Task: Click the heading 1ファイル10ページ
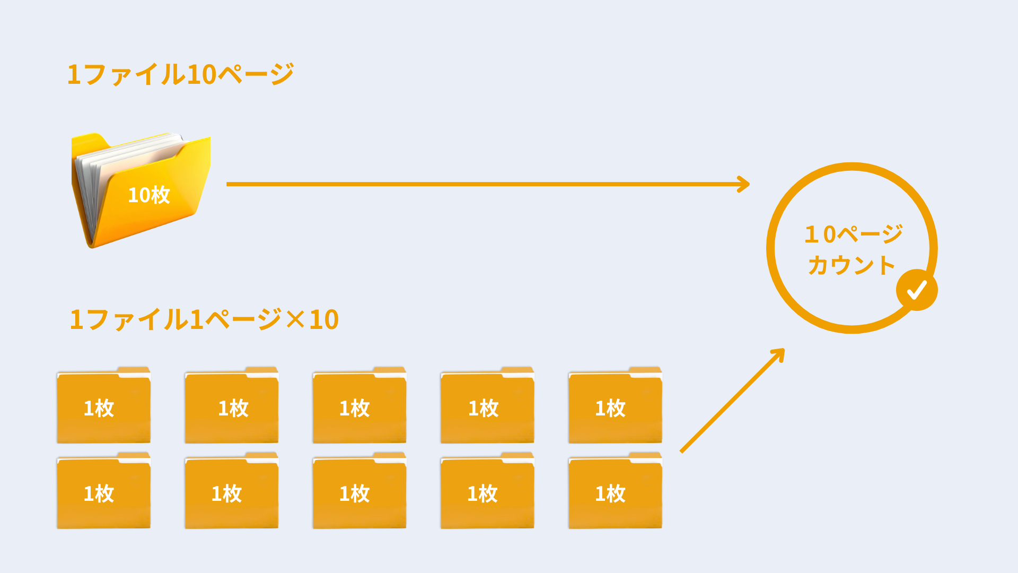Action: point(180,74)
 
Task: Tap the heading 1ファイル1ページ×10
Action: point(204,319)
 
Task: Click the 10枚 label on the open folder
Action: point(148,195)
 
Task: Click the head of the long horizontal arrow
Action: point(744,184)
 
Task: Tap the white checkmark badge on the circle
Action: point(917,290)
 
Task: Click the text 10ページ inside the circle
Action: point(853,234)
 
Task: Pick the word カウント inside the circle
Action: point(852,265)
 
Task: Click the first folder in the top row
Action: point(104,406)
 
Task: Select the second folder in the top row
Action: point(232,406)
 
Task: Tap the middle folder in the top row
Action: point(359,406)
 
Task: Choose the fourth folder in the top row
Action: point(487,406)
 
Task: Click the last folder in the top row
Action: point(615,406)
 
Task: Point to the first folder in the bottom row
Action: point(104,491)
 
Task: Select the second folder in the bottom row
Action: point(232,491)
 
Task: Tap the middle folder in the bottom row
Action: point(359,491)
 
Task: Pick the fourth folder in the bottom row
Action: point(487,491)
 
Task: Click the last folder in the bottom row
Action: point(615,491)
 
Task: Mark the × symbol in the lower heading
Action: point(295,320)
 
